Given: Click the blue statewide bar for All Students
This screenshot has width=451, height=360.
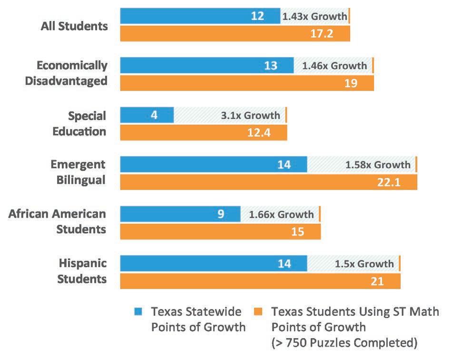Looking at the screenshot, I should [200, 16].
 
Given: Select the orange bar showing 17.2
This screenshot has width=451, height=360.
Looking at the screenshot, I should [235, 33].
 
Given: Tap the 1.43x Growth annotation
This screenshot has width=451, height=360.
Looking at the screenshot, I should [314, 16].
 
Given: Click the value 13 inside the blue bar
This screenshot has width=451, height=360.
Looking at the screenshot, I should [270, 66].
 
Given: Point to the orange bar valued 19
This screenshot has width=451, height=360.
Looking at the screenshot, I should [247, 83].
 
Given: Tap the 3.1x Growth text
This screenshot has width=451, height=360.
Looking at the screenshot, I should [250, 115].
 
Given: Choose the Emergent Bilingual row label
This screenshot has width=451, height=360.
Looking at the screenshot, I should [78, 172].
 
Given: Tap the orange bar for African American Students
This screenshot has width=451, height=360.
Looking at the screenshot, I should [220, 232].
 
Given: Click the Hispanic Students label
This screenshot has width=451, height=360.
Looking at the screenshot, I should [82, 271].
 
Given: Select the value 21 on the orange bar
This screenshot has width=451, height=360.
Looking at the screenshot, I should [377, 281].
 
